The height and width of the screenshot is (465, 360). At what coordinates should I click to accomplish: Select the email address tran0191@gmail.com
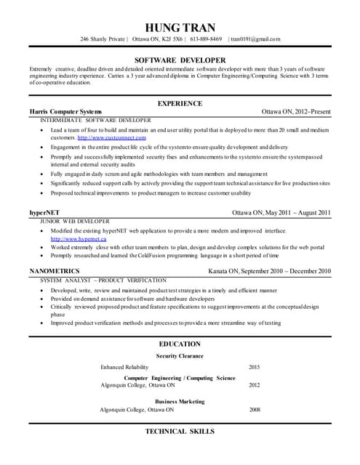point(255,39)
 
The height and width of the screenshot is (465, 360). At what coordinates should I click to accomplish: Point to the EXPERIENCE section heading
point(180,103)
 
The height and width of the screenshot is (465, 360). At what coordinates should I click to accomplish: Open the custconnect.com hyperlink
point(111,137)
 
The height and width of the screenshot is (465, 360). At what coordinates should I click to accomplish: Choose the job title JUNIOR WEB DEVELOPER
point(75,221)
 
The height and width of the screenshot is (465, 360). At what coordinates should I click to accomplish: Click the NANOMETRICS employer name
point(55,271)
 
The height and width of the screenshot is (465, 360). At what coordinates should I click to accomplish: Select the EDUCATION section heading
point(180,344)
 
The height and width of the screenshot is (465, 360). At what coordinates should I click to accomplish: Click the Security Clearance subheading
point(180,356)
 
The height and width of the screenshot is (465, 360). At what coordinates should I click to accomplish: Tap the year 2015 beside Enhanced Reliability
point(254,367)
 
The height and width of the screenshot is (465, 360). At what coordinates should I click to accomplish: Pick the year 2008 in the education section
point(254,410)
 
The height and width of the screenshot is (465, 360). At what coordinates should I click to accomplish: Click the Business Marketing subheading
point(180,401)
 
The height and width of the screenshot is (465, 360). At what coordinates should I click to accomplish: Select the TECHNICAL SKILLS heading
point(180,432)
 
